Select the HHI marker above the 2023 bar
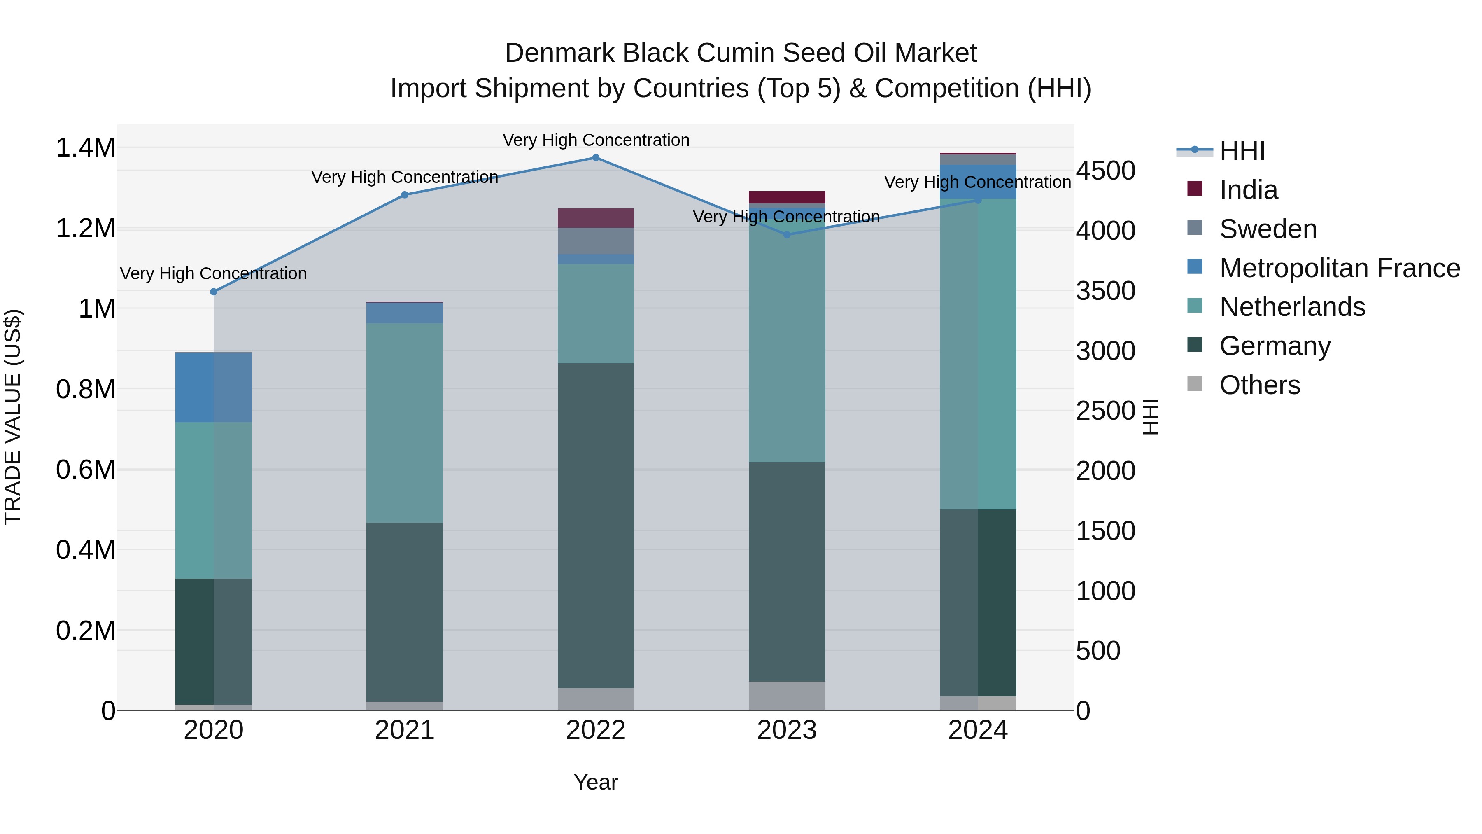pyautogui.click(x=787, y=235)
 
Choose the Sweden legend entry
pyautogui.click(x=1268, y=229)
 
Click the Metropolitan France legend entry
pyautogui.click(x=1339, y=268)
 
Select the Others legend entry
pyautogui.click(x=1259, y=385)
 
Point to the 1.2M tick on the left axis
pyautogui.click(x=85, y=229)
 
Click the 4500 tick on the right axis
pyautogui.click(x=1105, y=171)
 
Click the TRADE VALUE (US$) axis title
pyautogui.click(x=13, y=417)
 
